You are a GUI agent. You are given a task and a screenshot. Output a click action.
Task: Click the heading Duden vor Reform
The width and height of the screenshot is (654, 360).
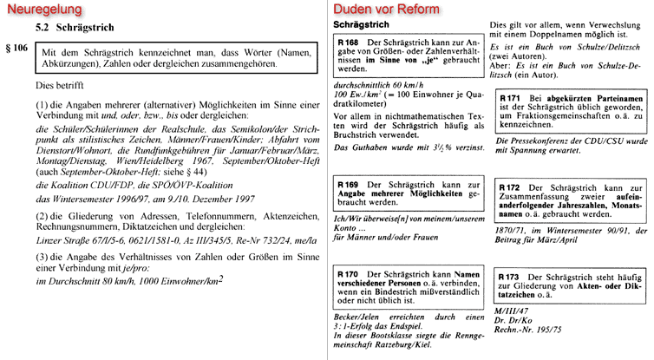pos(386,10)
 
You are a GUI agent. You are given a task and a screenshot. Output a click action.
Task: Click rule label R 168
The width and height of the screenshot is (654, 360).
pos(349,43)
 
